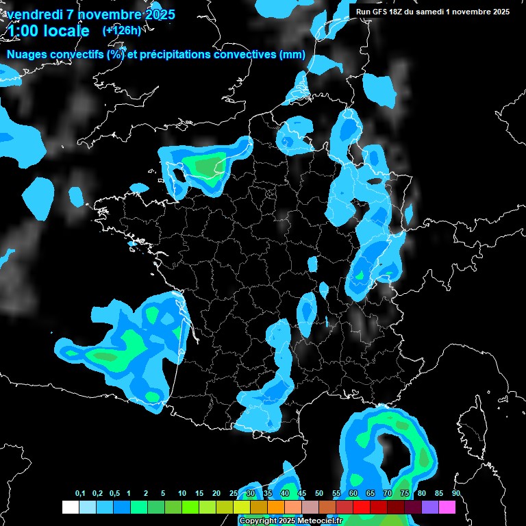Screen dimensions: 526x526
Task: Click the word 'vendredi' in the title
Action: pos(35,14)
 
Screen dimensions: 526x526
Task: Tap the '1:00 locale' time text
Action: pos(49,31)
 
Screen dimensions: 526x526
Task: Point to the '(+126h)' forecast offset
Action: pos(121,30)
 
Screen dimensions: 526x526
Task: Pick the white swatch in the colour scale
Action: pos(70,507)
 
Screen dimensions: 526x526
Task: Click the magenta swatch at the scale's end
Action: pos(447,507)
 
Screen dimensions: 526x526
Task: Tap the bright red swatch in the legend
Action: pos(362,507)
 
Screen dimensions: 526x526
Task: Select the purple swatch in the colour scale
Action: pos(430,507)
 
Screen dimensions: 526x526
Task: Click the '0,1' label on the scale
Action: pos(80,494)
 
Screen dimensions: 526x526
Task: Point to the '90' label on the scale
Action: pos(455,494)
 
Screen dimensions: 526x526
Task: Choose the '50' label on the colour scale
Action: pos(319,494)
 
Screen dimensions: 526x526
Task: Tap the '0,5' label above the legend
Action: pos(114,494)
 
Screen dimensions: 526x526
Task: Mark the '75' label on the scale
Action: pos(404,494)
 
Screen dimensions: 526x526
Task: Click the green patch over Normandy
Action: pos(208,165)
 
